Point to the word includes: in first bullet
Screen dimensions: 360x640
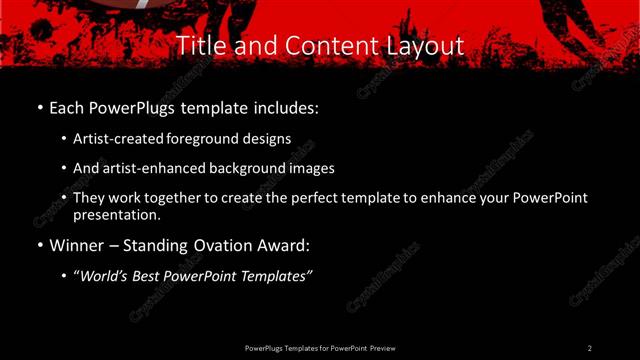click(x=290, y=107)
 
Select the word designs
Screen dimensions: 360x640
click(x=268, y=139)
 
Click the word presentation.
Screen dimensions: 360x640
click(x=115, y=215)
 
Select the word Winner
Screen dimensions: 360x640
click(x=76, y=245)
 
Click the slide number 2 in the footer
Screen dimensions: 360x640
click(x=589, y=348)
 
